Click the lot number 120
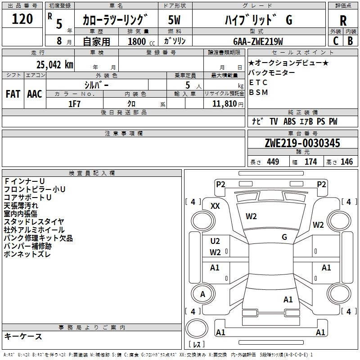coord(22,19)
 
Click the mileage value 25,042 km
coord(55,65)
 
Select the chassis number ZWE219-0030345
coord(302,143)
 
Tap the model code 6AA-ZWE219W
coord(258,41)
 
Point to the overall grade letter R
coord(343,21)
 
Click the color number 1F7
coord(74,104)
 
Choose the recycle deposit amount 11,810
coord(224,104)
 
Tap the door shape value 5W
coord(174,20)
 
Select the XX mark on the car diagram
coord(215,206)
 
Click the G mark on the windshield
coord(284,237)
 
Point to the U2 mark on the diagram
coord(215,241)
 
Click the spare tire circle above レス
coord(197,328)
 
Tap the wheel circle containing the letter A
coord(203,294)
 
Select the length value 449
coord(273,162)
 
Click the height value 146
coord(346,162)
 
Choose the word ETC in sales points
coord(258,82)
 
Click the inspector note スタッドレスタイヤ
coord(34,222)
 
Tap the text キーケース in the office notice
coord(23,337)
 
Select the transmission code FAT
coord(13,94)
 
